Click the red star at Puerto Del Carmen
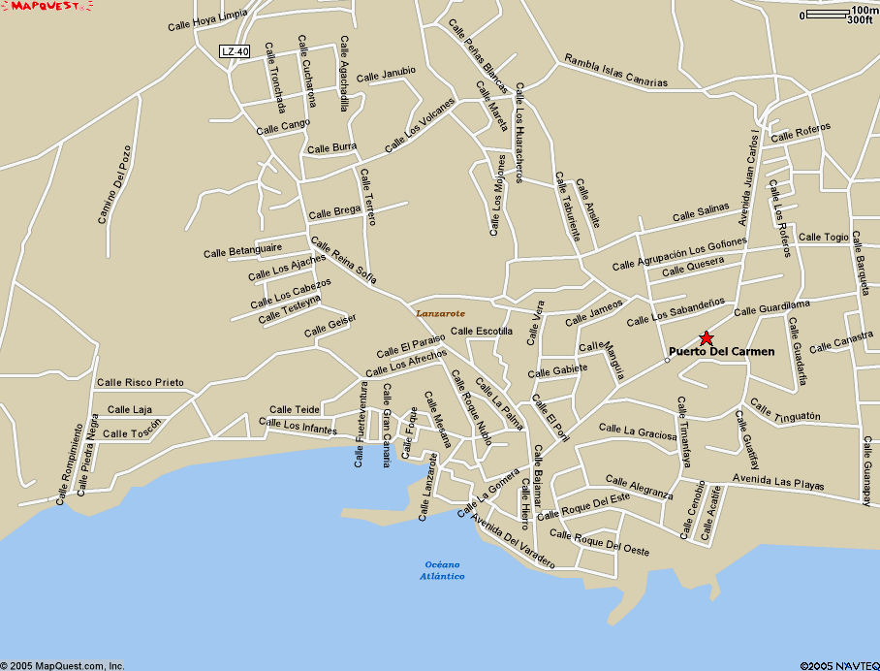(x=706, y=337)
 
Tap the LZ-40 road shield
(x=234, y=51)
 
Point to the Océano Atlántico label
(x=442, y=570)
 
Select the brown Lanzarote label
(x=441, y=313)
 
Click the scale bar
(x=828, y=15)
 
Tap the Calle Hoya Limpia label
(x=206, y=22)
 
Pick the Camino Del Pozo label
(x=113, y=184)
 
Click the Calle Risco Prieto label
(x=141, y=382)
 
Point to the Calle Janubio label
(x=386, y=74)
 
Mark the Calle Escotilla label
(x=482, y=331)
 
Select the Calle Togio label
(x=823, y=237)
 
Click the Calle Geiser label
(x=330, y=325)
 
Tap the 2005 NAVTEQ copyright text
(x=839, y=665)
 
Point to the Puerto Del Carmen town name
(x=721, y=351)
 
